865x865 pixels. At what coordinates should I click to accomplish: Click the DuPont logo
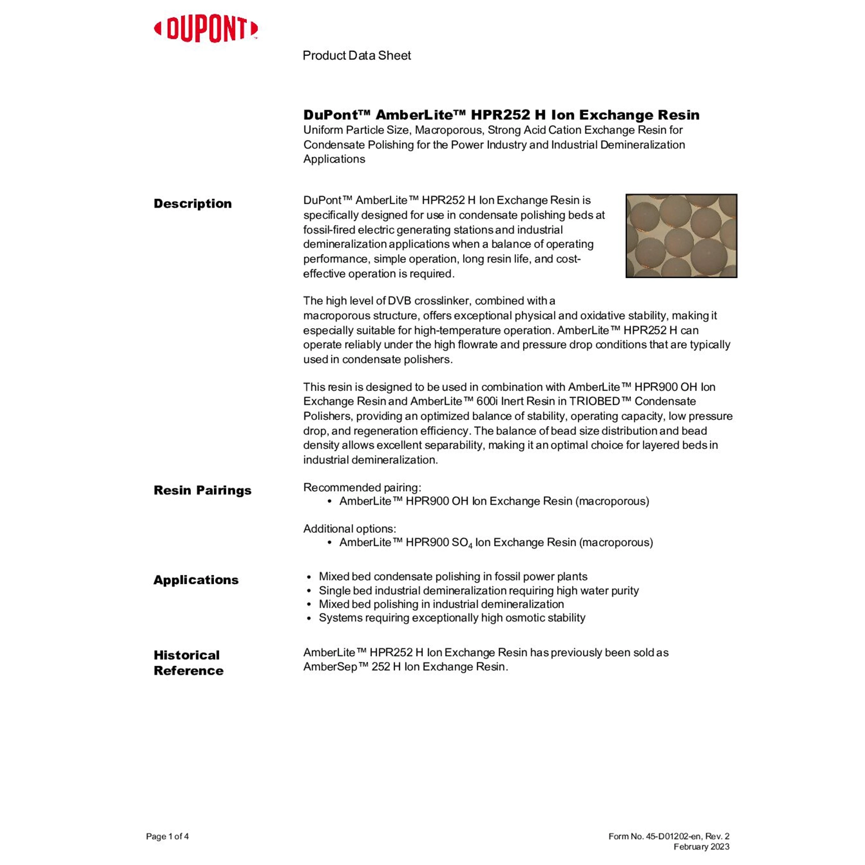click(206, 29)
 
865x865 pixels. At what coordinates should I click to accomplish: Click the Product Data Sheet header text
click(356, 55)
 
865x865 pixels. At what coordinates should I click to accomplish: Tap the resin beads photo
click(681, 236)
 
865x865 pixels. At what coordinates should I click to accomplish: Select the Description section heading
click(193, 204)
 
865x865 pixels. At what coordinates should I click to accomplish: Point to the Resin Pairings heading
click(202, 490)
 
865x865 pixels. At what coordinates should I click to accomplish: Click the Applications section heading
click(196, 580)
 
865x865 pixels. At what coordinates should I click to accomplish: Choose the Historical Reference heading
click(188, 663)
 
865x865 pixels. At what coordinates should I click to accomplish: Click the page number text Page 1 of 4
click(167, 836)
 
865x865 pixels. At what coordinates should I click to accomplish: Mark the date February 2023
click(701, 847)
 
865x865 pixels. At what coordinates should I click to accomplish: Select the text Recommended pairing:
click(362, 487)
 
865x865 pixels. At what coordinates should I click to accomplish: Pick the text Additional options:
click(349, 529)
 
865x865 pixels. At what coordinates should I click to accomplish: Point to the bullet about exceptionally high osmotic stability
click(452, 618)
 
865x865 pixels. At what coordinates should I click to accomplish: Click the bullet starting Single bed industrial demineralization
click(478, 591)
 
